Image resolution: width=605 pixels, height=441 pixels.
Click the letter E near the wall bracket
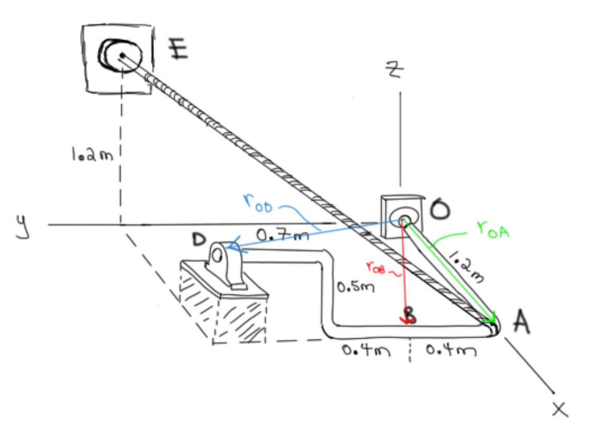click(x=179, y=50)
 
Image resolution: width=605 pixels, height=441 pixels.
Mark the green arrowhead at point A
click(x=489, y=318)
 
